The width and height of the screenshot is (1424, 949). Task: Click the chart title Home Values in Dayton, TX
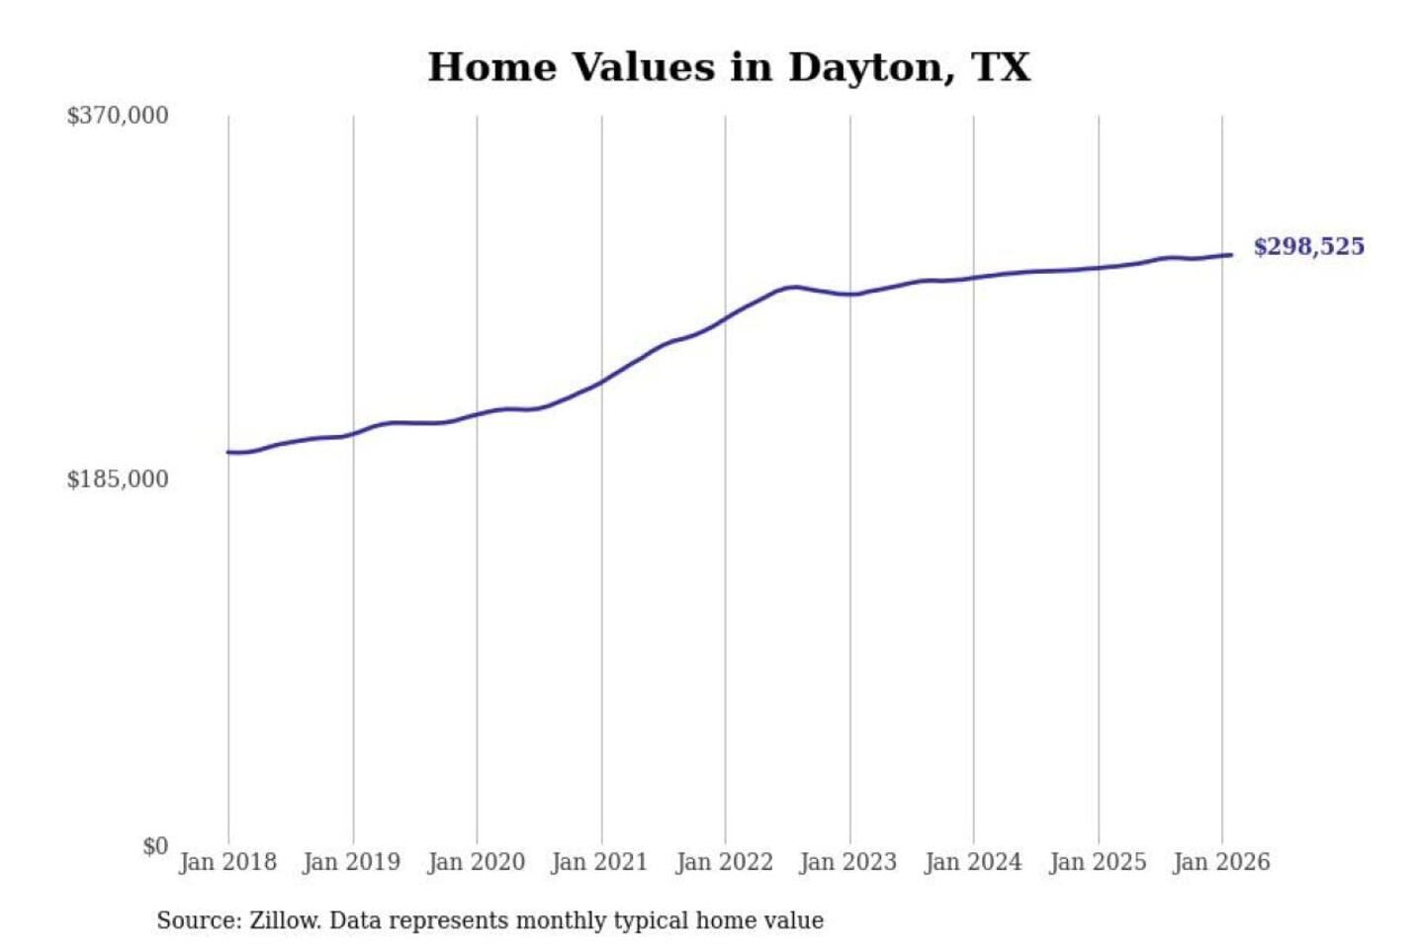pos(729,67)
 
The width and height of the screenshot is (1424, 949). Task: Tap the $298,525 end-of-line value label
pos(1308,246)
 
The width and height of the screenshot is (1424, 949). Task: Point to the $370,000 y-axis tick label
pos(118,116)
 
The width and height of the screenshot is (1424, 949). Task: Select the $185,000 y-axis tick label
pos(118,479)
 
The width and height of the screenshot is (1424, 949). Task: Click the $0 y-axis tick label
pos(155,846)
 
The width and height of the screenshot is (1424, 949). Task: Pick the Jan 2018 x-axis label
pos(227,862)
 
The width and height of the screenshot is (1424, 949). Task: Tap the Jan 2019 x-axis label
pos(352,862)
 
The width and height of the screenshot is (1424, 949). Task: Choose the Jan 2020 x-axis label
pos(476,862)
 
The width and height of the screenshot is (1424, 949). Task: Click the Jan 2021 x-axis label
pos(599,862)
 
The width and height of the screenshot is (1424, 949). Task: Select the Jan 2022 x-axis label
pos(724,862)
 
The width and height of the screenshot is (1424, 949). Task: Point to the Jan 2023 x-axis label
pos(847,862)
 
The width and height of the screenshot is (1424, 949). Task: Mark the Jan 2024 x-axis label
pos(972,862)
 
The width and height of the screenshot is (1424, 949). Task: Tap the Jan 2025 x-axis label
pos(1097,862)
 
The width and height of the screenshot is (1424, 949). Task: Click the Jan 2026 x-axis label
pos(1220,862)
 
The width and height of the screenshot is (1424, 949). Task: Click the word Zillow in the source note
pos(284,920)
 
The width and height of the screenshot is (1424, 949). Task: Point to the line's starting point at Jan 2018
pos(228,452)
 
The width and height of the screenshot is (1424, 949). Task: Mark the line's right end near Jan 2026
pos(1231,255)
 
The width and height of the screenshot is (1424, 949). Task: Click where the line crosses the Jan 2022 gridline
pos(725,318)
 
